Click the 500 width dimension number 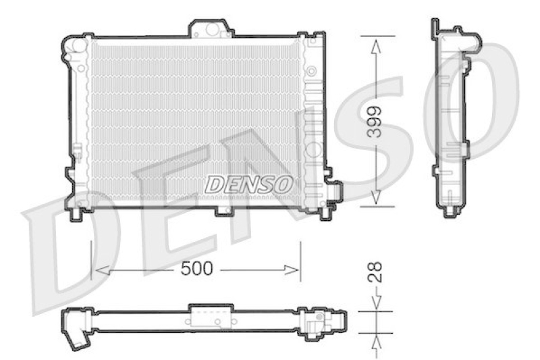[197, 269]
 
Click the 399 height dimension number [375, 122]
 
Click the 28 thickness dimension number [376, 272]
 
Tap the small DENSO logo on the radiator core [248, 183]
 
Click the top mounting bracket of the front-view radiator [211, 28]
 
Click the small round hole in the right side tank [311, 70]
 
